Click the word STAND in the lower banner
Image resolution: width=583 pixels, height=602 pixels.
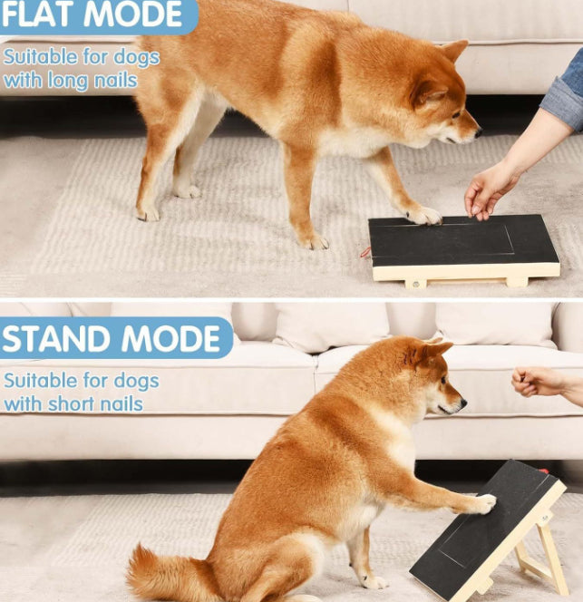click(54, 338)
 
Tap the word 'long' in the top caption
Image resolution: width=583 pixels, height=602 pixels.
click(58, 81)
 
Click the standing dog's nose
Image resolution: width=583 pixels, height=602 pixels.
click(476, 132)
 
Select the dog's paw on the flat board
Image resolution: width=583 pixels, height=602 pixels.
click(423, 216)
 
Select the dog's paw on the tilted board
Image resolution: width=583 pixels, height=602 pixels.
click(484, 503)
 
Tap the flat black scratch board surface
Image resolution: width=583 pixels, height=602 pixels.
click(462, 240)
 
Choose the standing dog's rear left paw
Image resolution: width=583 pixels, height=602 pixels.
click(148, 213)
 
